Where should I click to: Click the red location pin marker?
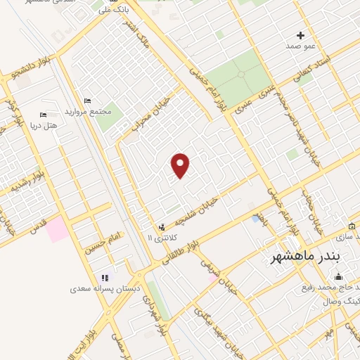point(181,165)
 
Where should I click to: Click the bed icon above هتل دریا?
point(44,114)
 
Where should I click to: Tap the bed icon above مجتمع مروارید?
point(87,101)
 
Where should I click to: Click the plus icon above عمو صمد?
point(301,35)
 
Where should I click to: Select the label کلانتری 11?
point(160,238)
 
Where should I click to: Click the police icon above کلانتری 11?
point(162,227)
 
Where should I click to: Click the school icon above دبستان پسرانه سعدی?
point(106,278)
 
